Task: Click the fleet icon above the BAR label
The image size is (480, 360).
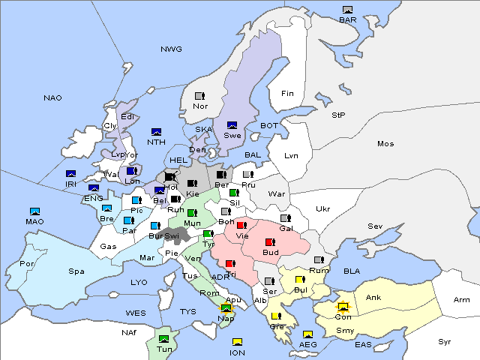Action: tap(347, 10)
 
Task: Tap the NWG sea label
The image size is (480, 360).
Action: tap(171, 49)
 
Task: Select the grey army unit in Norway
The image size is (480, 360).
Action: tap(199, 96)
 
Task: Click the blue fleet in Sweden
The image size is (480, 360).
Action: tap(232, 125)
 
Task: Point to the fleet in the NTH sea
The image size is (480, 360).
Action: tap(156, 132)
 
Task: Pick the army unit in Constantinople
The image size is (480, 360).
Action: tap(343, 307)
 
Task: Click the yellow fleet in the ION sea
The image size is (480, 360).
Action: tap(237, 342)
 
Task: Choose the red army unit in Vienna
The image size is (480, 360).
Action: tap(241, 225)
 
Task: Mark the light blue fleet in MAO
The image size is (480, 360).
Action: tap(34, 211)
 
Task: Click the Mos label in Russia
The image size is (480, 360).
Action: tap(385, 143)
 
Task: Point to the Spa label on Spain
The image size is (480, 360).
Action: tap(76, 271)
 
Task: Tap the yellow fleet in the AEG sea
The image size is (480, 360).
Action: tap(307, 334)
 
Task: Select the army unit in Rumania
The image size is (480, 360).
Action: tap(319, 260)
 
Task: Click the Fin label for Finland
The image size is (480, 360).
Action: tap(286, 94)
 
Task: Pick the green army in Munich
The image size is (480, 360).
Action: tap(192, 214)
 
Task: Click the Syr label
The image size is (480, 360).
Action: tap(445, 341)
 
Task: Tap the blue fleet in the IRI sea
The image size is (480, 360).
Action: tap(71, 174)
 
